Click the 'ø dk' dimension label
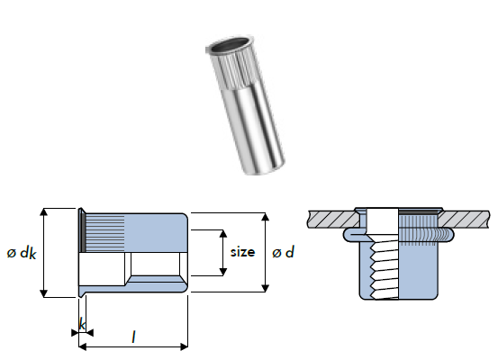point(22,253)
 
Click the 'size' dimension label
point(242,252)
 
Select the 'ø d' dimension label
point(284,252)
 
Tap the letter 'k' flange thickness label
point(83,324)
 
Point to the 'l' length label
point(133,337)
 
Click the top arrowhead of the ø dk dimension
point(44,212)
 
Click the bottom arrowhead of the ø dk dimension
point(44,293)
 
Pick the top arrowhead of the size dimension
point(223,234)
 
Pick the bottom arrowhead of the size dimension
point(223,272)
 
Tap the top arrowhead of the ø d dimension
point(265,217)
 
